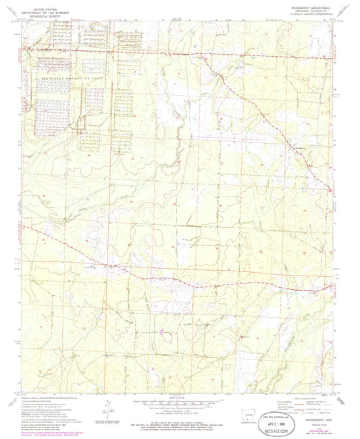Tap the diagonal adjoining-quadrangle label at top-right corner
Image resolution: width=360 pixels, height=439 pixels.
349,9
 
